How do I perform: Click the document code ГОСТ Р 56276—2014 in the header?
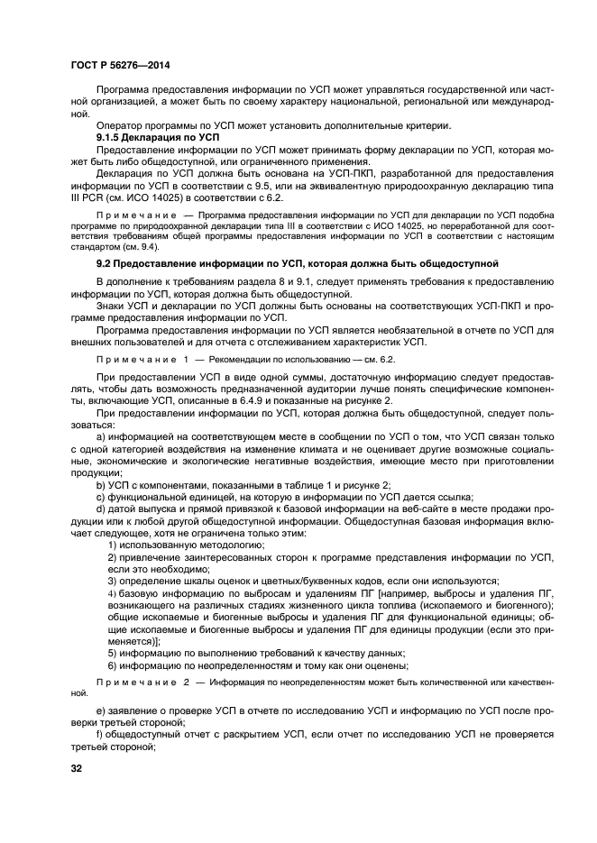[120, 66]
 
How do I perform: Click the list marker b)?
[101, 484]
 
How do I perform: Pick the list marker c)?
[101, 496]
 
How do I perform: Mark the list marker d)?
[101, 509]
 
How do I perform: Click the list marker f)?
[100, 737]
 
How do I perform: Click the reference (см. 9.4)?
[139, 244]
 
